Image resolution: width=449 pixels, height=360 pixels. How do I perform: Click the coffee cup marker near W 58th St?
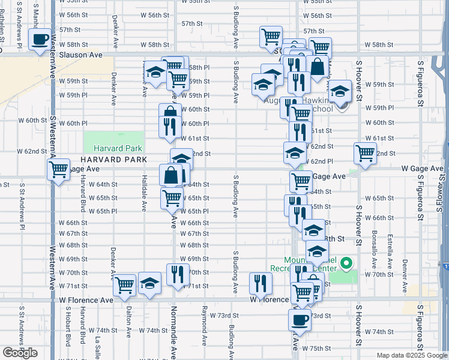coord(40,40)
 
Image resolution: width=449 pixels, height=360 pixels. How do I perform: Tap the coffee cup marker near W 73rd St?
coord(300,319)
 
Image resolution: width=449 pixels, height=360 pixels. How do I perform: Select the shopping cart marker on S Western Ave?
coord(58,170)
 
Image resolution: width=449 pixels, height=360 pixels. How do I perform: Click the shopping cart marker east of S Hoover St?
coord(365,154)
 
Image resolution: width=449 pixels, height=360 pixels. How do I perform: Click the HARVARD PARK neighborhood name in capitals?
coord(113,160)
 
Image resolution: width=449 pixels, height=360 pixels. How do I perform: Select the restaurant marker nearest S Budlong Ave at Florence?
coord(261,283)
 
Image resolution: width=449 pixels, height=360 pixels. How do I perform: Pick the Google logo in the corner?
coord(20,353)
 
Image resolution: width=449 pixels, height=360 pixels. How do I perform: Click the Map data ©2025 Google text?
coord(412,355)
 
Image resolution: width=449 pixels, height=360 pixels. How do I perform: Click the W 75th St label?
coord(317,348)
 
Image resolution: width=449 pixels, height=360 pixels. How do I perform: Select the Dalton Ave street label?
coord(128,325)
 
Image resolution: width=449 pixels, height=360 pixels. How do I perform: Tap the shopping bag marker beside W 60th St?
coord(170,113)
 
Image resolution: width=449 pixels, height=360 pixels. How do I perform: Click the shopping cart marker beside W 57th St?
coord(271,37)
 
